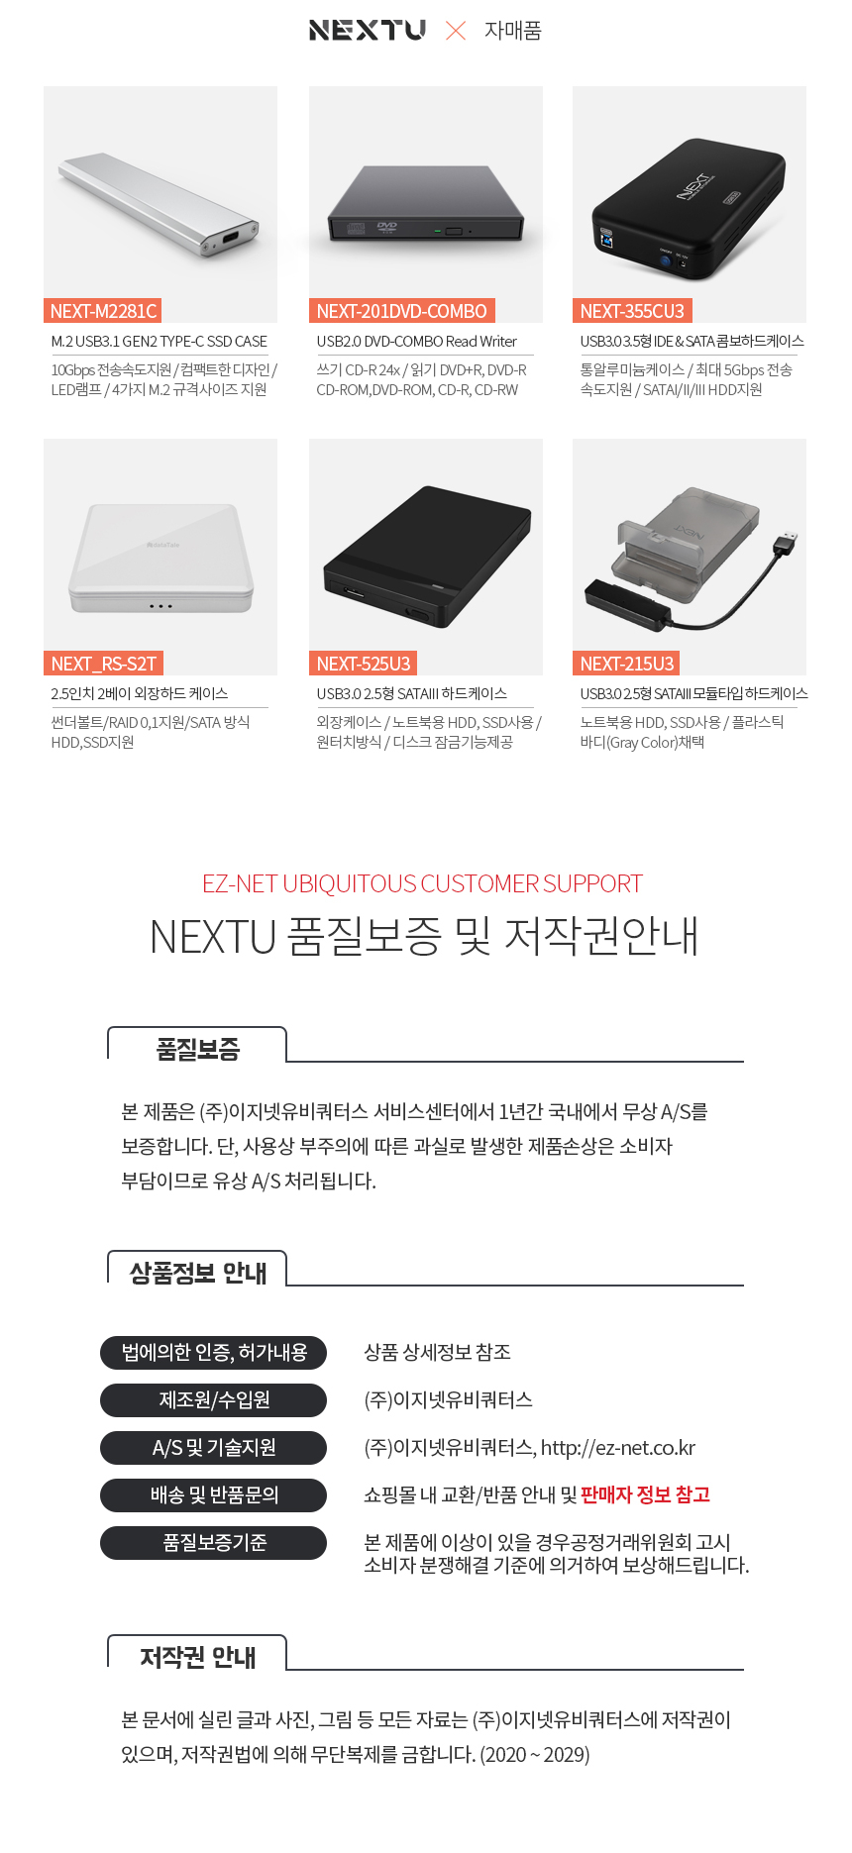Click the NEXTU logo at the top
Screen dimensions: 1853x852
point(367,30)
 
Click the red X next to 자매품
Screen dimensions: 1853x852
point(456,31)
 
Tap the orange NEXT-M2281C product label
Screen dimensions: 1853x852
point(103,311)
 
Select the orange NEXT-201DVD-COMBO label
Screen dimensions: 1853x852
point(401,311)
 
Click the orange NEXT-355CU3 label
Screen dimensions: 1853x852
point(632,311)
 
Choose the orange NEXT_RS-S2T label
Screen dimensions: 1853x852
point(103,664)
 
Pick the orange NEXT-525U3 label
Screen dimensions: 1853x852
point(363,664)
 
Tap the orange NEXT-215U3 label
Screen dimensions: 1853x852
point(626,664)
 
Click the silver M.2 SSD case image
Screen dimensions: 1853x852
point(159,204)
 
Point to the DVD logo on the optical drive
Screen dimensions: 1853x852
point(387,227)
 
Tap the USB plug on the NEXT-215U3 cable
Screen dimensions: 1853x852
point(788,543)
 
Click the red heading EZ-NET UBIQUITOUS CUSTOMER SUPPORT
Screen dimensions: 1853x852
point(422,883)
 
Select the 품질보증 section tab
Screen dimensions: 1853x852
point(197,1048)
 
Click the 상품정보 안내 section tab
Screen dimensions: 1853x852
point(197,1272)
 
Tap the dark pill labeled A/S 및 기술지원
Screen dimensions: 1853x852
point(213,1447)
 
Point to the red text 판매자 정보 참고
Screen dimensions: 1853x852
point(645,1494)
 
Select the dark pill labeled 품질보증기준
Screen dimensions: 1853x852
point(213,1542)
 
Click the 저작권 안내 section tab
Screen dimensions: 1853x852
point(197,1656)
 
